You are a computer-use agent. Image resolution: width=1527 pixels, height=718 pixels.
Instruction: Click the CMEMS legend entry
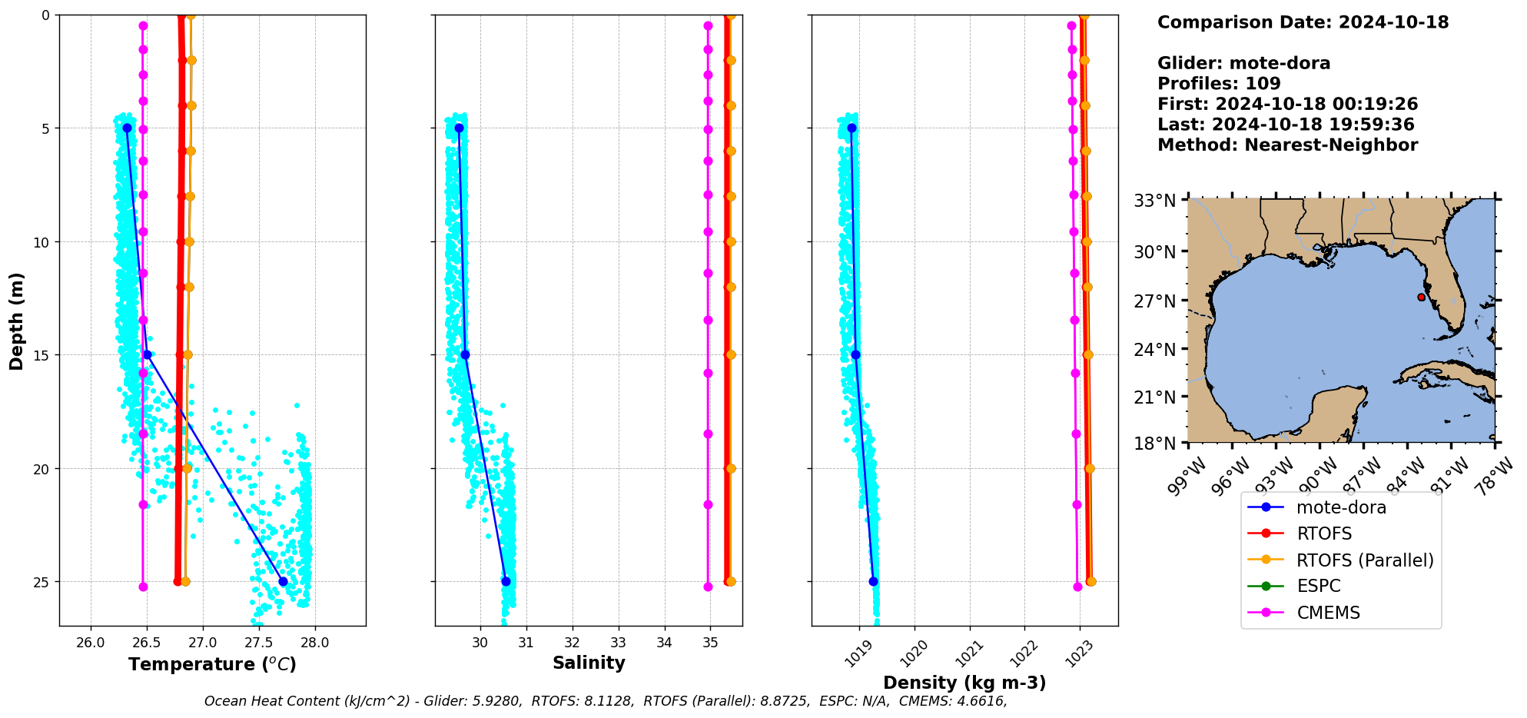(1327, 613)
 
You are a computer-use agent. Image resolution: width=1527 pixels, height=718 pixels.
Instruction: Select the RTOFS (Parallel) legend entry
(1364, 560)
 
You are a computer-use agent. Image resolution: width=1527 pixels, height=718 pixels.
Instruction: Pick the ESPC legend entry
(1318, 586)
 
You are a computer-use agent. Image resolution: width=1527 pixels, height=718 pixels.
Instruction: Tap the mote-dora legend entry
(1340, 507)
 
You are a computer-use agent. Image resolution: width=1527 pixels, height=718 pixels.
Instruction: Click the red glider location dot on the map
(1421, 297)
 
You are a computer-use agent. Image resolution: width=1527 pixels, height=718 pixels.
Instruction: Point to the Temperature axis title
(212, 664)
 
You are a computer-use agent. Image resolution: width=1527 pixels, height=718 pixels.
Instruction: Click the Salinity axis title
(589, 663)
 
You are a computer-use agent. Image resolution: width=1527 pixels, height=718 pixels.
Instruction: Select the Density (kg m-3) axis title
(964, 683)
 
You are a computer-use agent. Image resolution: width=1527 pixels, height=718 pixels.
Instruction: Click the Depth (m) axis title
(16, 321)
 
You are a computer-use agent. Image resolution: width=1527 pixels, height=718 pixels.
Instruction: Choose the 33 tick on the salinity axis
(619, 643)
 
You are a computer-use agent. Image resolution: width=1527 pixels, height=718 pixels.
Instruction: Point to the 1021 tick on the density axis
(971, 653)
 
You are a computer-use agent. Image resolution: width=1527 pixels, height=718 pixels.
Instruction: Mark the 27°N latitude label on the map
(1155, 301)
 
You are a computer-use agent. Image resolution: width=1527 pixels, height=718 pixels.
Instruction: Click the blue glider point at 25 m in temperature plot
(283, 581)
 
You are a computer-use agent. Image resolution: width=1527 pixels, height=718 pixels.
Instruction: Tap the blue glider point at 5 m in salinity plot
(459, 128)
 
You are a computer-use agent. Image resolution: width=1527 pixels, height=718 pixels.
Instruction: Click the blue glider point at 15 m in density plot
(855, 354)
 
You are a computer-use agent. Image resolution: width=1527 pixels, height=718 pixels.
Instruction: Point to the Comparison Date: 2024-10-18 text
(1303, 22)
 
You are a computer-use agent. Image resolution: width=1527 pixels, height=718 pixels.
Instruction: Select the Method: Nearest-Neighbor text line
(1287, 145)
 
